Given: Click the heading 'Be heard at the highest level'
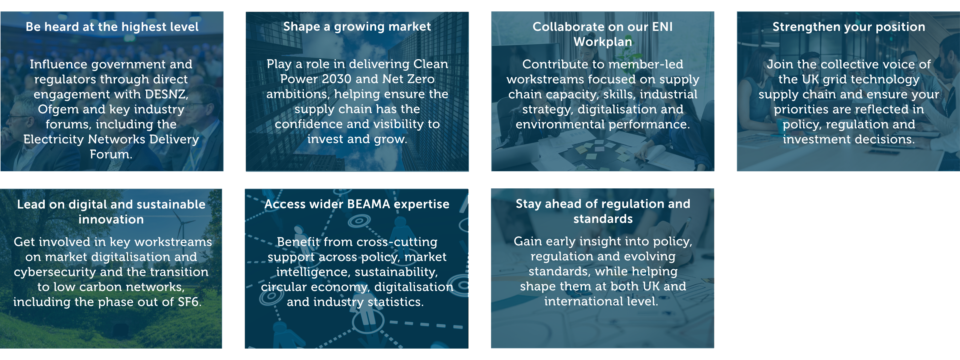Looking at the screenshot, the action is click(112, 27).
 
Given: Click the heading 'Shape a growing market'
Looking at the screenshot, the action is click(357, 26).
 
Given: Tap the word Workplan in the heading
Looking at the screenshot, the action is click(603, 42).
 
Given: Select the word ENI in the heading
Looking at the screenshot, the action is click(662, 27).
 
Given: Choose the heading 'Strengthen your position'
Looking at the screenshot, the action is click(849, 27).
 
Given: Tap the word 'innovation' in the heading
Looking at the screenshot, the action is click(111, 220).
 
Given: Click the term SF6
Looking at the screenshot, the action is click(189, 302).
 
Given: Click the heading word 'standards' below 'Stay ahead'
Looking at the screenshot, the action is click(603, 219).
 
